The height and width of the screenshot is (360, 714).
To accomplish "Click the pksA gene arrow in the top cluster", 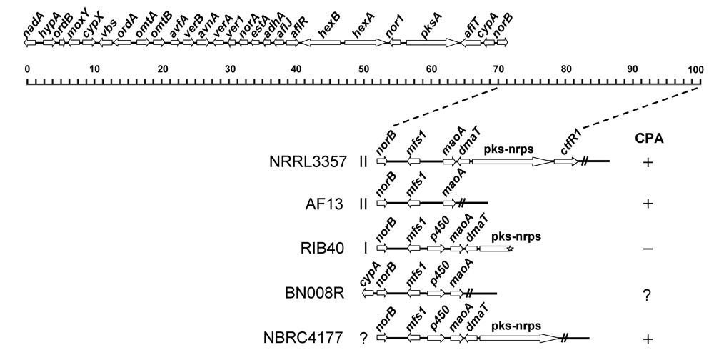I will click(x=433, y=43).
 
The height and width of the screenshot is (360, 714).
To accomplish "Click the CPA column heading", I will click(x=647, y=137).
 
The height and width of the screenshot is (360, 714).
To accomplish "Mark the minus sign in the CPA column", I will click(x=647, y=249).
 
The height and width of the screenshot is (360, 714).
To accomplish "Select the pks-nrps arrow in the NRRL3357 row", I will click(x=512, y=162).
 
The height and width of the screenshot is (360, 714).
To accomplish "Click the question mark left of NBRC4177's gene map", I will click(x=365, y=337).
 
